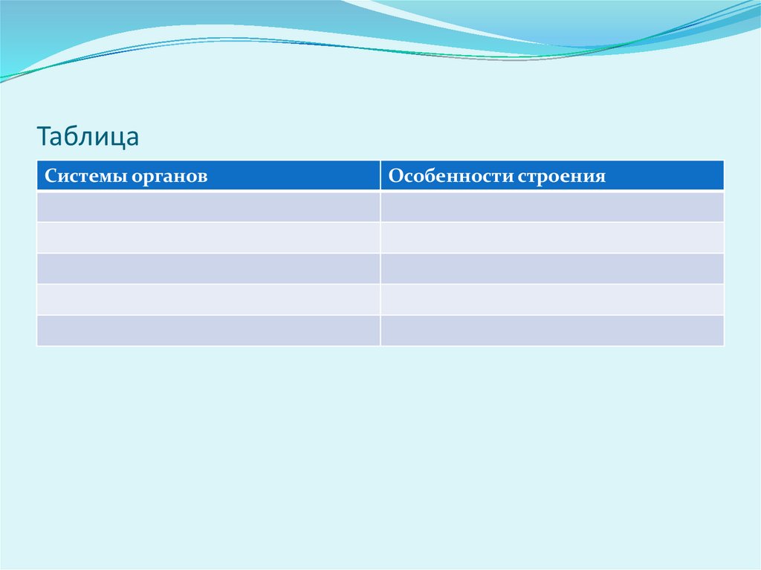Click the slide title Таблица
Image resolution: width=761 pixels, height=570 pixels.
[x=88, y=137]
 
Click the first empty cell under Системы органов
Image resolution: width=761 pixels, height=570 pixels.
[x=208, y=207]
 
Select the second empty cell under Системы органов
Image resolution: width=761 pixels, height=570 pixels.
[x=208, y=237]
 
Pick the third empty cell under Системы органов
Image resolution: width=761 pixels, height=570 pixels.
[x=208, y=268]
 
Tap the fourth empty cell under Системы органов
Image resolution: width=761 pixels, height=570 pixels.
[x=208, y=299]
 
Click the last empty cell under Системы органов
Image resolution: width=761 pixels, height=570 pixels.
[x=208, y=330]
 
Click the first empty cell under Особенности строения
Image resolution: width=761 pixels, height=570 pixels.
[x=552, y=207]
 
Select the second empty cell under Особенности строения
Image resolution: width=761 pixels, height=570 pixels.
[x=552, y=237]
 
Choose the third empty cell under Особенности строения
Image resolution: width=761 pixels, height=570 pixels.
[x=552, y=268]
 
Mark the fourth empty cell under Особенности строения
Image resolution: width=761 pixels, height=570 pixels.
[x=552, y=299]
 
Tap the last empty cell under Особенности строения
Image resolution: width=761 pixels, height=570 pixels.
[x=552, y=330]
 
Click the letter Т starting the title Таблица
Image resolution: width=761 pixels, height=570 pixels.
[x=44, y=137]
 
